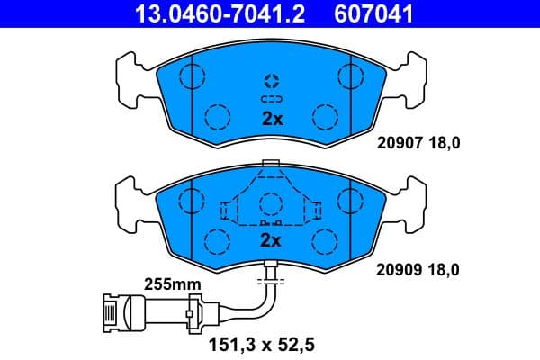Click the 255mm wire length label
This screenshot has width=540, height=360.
[173, 285]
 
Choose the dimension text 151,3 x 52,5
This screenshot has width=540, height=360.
[268, 344]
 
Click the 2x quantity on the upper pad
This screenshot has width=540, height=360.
[271, 119]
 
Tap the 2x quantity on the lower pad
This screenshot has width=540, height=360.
[271, 241]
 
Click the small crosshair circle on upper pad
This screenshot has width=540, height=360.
[271, 78]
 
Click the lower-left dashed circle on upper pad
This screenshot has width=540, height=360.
[217, 116]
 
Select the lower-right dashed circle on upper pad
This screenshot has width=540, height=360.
[324, 116]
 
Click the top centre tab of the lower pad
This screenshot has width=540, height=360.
[269, 164]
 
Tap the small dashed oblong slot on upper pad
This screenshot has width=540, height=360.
[271, 97]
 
